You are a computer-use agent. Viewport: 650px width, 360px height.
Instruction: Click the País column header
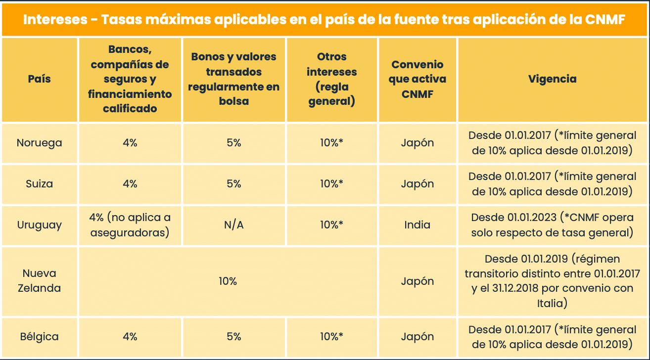point(40,79)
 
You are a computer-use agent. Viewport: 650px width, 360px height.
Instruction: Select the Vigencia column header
point(552,79)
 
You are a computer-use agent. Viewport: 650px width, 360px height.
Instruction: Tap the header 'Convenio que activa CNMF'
point(417,79)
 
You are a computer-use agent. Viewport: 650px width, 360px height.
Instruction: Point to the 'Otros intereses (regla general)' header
point(331,79)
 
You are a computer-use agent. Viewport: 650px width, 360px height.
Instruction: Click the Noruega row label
point(40,143)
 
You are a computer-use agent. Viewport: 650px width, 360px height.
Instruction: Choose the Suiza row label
point(40,184)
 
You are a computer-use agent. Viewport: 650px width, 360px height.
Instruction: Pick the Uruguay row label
point(40,225)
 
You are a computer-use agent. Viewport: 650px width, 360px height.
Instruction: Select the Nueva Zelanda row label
point(40,281)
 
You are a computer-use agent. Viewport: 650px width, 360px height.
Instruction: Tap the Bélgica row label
point(40,337)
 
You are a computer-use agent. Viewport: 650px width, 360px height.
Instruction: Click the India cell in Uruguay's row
point(417,225)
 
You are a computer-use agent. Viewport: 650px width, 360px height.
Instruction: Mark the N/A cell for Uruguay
point(233,225)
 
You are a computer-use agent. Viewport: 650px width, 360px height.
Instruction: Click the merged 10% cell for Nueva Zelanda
point(228,281)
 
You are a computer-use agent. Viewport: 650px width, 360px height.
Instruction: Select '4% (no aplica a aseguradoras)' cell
point(130,225)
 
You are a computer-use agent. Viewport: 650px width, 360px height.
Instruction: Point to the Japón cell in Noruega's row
point(417,143)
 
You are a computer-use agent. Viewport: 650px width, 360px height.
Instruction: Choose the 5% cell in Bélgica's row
point(233,337)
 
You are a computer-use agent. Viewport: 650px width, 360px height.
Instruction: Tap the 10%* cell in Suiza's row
point(331,184)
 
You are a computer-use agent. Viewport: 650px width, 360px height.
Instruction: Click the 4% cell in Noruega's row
point(130,143)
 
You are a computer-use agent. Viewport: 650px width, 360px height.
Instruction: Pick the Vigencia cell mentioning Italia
point(552,281)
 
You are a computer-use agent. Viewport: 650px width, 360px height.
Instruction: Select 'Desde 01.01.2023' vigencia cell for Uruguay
point(552,225)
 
